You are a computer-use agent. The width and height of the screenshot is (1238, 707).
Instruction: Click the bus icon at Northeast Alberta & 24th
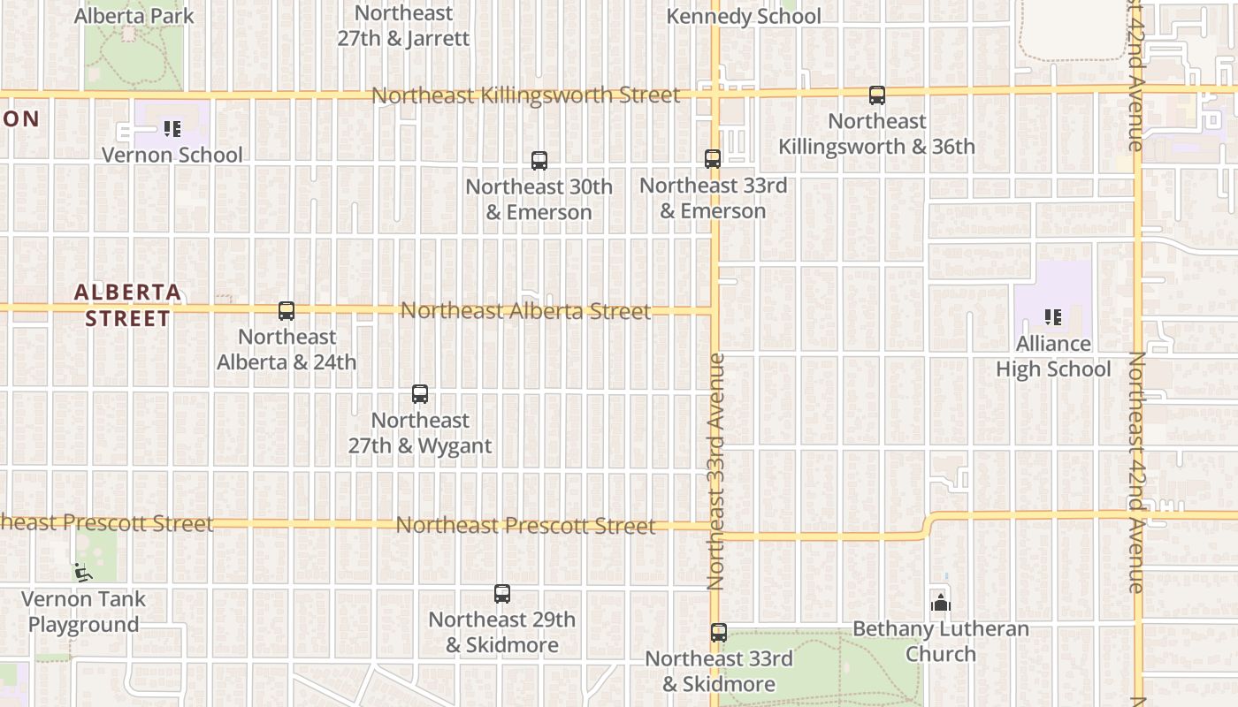[x=287, y=311]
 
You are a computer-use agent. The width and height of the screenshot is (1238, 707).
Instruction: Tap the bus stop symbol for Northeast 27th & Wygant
[x=420, y=394]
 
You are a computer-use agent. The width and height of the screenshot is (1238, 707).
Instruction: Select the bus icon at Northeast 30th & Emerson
[x=539, y=161]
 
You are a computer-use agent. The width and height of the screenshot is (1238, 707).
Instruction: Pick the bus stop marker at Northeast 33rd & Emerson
[x=713, y=159]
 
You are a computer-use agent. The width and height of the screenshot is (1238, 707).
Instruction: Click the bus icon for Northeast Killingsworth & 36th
[x=877, y=95]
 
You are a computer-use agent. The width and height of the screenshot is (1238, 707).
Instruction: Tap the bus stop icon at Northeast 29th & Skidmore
[x=502, y=594]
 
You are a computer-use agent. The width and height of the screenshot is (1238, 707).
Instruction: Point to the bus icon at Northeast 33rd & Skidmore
[x=719, y=633]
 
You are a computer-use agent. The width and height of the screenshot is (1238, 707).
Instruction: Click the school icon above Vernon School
[x=172, y=129]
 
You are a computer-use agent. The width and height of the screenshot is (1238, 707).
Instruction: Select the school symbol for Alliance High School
[x=1052, y=316]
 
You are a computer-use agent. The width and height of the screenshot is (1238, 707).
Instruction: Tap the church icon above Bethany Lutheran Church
[x=941, y=604]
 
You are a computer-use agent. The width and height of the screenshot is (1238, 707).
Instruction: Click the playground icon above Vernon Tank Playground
[x=83, y=573]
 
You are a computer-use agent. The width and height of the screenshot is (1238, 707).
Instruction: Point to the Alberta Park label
[x=134, y=16]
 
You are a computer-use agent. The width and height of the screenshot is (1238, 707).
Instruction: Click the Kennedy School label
[x=744, y=17]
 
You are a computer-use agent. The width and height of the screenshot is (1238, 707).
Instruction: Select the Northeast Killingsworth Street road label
[x=526, y=95]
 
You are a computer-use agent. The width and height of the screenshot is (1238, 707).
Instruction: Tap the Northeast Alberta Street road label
[x=526, y=311]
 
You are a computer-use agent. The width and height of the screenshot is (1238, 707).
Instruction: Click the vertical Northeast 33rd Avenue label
[x=716, y=472]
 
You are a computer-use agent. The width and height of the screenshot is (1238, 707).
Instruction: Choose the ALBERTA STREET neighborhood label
[x=128, y=305]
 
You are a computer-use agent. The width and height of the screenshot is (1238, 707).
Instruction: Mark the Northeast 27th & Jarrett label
[x=403, y=26]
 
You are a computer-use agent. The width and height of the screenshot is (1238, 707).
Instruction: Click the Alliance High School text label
[x=1053, y=356]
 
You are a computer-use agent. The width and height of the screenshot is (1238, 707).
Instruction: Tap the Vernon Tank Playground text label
[x=83, y=612]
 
